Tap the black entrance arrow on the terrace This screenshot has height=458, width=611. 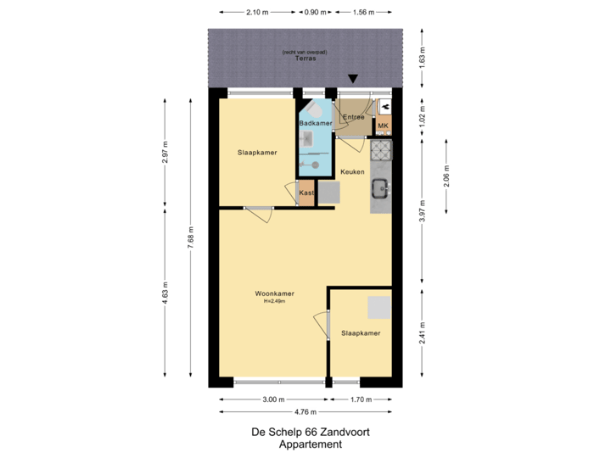(x=354, y=80)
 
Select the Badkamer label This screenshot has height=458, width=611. (x=315, y=124)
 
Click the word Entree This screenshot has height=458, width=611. (x=353, y=117)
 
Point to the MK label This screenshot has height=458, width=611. (x=383, y=126)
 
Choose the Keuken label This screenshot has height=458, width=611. (x=352, y=172)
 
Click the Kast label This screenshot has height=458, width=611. (x=305, y=193)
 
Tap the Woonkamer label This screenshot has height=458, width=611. (x=274, y=294)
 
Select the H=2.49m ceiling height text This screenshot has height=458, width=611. (x=274, y=302)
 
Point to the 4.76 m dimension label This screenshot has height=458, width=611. (x=305, y=412)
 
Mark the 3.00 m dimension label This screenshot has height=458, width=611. (x=273, y=399)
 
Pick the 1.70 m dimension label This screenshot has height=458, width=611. (x=361, y=399)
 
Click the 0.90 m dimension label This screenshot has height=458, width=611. (x=315, y=13)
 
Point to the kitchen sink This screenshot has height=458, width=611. (x=381, y=189)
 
